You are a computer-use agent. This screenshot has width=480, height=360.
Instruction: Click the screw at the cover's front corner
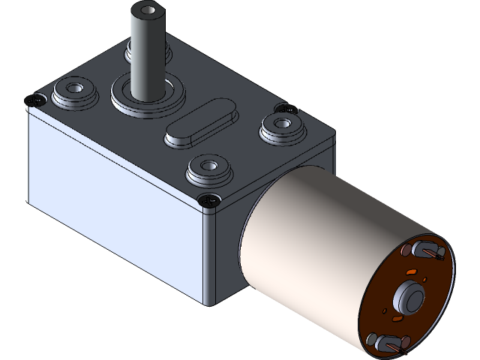[x=209, y=200]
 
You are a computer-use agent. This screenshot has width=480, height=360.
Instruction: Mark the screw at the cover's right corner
[x=283, y=109]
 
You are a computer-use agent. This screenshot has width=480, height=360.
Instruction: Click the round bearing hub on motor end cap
[x=409, y=295]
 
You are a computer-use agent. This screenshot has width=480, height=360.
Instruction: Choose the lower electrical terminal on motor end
[x=388, y=343]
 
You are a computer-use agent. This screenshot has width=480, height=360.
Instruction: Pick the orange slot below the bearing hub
[x=397, y=322]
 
